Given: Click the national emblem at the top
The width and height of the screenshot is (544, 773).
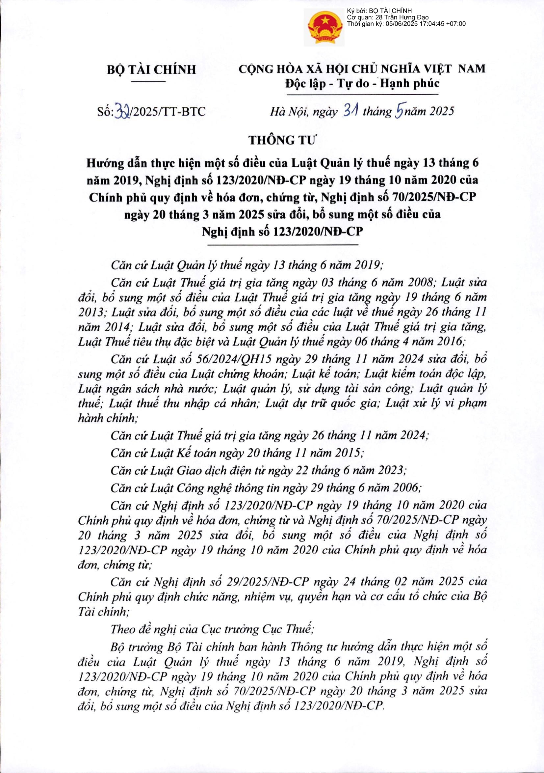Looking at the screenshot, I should tap(324, 28).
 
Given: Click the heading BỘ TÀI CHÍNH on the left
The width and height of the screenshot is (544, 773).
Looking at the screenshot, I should tap(151, 69).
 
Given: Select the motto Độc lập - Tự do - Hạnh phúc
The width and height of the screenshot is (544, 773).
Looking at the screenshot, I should tap(362, 83).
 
